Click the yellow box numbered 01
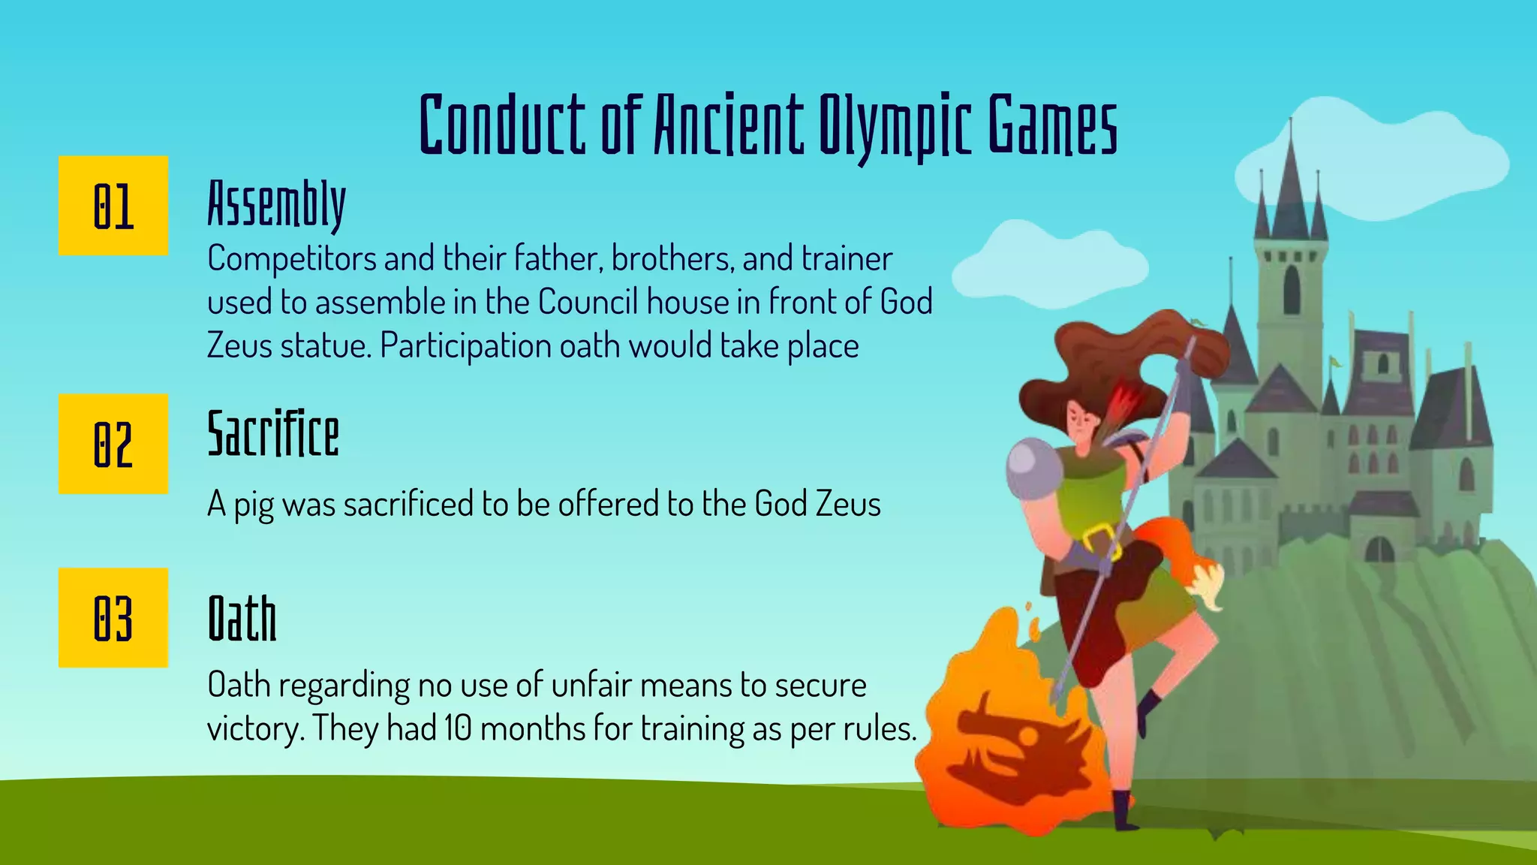tap(113, 206)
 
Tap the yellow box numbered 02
tap(113, 444)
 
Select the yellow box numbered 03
tap(113, 618)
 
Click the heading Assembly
tap(276, 203)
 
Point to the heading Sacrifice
tap(273, 434)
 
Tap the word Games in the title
tap(1052, 125)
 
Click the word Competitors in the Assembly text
tap(292, 259)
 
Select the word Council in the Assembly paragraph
tap(588, 303)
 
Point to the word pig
tap(254, 505)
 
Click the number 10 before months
tap(457, 728)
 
